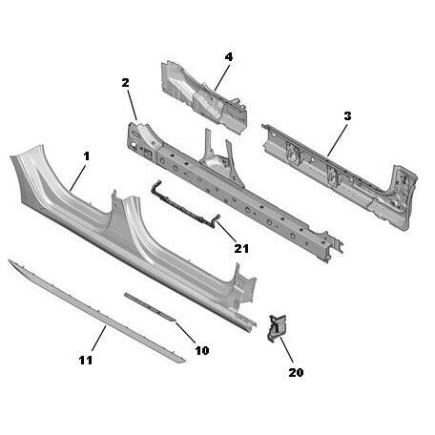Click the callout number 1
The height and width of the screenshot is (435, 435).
87,156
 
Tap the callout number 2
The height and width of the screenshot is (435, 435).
126,83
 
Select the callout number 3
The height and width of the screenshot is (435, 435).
347,116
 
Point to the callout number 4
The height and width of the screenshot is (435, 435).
229,57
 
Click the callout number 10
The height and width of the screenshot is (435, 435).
202,350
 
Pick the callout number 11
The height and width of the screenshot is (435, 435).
86,361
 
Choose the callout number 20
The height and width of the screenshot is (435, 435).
296,372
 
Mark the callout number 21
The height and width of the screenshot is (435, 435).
241,249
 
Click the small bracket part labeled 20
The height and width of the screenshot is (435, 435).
277,328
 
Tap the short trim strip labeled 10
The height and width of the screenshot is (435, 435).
150,306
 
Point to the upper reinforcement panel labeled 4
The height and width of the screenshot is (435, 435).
203,97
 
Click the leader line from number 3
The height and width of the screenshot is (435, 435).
338,140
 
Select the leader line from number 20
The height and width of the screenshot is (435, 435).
286,350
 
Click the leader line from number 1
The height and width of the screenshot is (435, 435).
77,178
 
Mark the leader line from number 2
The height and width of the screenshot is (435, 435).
133,105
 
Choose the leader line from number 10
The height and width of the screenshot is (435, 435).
186,333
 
